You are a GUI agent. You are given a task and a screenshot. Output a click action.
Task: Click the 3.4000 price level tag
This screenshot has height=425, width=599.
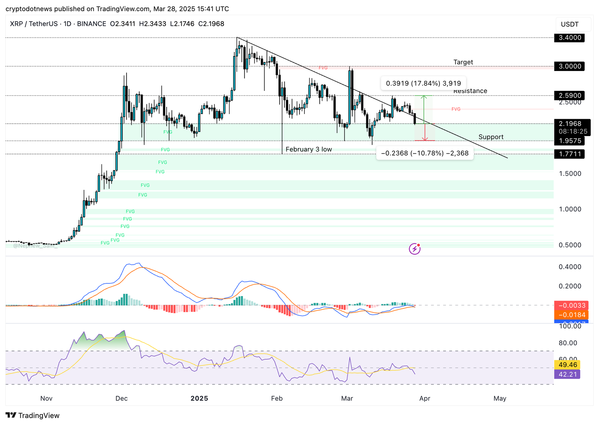point(569,38)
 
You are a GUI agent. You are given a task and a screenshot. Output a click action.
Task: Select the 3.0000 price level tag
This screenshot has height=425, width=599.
point(569,67)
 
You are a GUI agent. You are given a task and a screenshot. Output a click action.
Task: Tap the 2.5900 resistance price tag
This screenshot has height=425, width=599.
point(569,96)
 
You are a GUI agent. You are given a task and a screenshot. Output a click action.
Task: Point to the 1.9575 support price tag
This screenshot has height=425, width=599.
point(569,141)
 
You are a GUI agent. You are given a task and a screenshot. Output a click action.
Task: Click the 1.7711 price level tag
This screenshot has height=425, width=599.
point(569,154)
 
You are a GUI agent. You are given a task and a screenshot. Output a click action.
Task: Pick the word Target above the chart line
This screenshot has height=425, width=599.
point(463,62)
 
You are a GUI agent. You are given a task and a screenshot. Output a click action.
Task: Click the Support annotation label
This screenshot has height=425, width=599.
point(491,137)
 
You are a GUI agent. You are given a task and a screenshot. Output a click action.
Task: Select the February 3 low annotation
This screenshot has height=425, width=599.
point(308,150)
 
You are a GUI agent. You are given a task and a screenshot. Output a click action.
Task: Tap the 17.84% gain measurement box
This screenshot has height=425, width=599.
point(423,83)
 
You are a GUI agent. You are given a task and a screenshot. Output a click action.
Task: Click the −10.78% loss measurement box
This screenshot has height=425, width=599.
point(425,153)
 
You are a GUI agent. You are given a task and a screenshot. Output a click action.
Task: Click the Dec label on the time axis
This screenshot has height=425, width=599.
point(122,398)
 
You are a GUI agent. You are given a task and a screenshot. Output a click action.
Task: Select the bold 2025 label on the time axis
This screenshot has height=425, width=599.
point(199,398)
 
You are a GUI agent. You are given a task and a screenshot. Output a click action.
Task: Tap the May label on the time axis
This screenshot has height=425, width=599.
point(500,398)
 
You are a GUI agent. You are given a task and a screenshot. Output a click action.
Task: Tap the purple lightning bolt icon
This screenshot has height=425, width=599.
point(414,249)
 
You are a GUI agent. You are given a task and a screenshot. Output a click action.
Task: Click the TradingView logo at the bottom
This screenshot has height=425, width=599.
point(33,415)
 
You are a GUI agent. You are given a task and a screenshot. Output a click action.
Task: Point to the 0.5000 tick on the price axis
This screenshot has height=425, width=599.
point(570,245)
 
